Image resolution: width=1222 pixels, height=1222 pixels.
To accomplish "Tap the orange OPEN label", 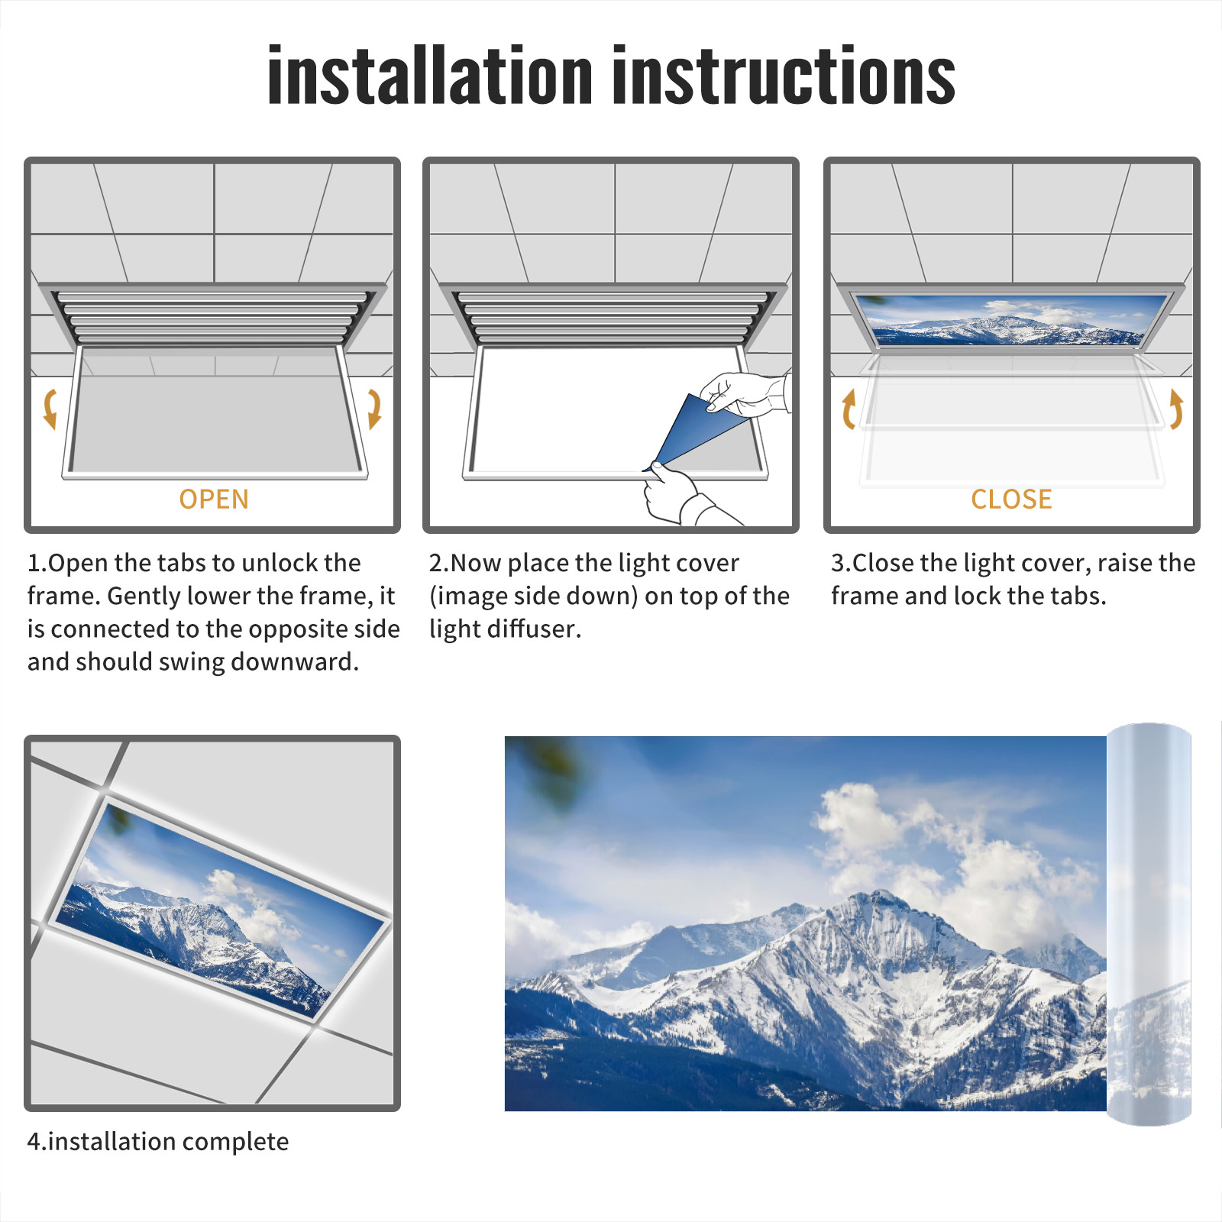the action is (x=214, y=499).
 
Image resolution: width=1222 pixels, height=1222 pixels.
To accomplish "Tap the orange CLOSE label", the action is (x=1011, y=499).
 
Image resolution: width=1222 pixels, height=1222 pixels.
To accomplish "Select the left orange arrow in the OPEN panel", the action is (x=49, y=409).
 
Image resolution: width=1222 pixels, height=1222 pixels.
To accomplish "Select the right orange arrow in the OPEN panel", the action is (x=374, y=409).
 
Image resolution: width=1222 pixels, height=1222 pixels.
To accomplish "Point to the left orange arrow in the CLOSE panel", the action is (x=849, y=409).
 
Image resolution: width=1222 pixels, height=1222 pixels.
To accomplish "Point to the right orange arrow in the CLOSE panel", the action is (x=1176, y=409).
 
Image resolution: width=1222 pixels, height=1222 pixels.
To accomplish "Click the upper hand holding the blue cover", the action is (x=745, y=393).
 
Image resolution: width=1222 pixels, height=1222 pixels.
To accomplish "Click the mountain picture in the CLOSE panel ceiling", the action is (x=1011, y=320).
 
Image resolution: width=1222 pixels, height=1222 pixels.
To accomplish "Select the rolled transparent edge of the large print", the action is (x=1149, y=924).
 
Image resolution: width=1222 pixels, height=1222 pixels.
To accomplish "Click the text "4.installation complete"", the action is (x=158, y=1141).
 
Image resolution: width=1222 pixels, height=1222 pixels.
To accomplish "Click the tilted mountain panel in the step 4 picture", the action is (x=221, y=909).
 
